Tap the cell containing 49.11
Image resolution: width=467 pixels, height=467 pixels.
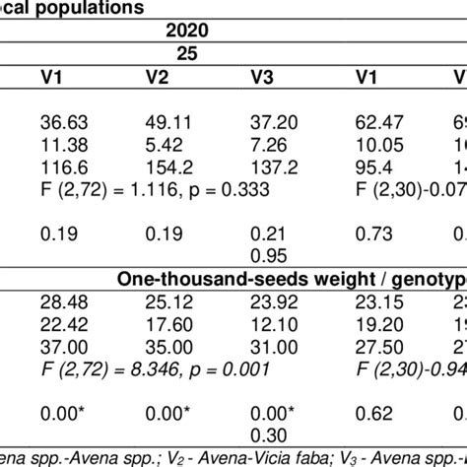[167, 121]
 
